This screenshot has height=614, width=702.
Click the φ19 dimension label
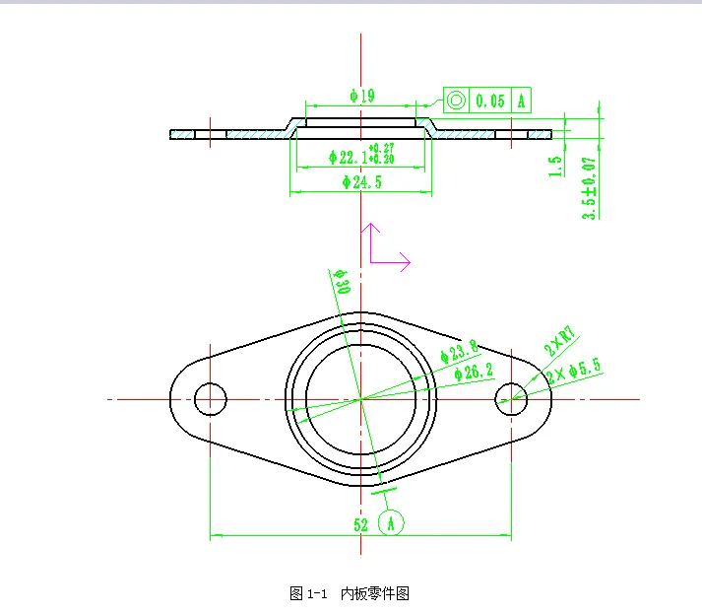[x=361, y=96]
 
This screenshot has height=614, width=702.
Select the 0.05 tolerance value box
[x=489, y=100]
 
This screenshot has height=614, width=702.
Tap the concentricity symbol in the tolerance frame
[x=456, y=100]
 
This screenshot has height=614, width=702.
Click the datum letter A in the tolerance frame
[x=521, y=100]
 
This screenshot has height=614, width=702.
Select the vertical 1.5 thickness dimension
[x=557, y=165]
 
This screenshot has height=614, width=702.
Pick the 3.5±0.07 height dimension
[x=589, y=187]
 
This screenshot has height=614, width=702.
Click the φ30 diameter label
[x=342, y=285]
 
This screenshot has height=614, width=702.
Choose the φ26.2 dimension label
[x=473, y=372]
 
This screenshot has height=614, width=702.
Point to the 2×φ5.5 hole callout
[x=573, y=371]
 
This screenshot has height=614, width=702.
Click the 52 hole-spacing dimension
[x=360, y=524]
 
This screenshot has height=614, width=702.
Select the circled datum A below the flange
[x=392, y=522]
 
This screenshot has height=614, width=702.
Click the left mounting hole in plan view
[x=211, y=398]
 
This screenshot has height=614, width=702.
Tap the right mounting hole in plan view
[x=511, y=398]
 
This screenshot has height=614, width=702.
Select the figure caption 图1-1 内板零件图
[x=350, y=593]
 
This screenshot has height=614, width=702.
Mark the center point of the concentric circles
[x=361, y=398]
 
